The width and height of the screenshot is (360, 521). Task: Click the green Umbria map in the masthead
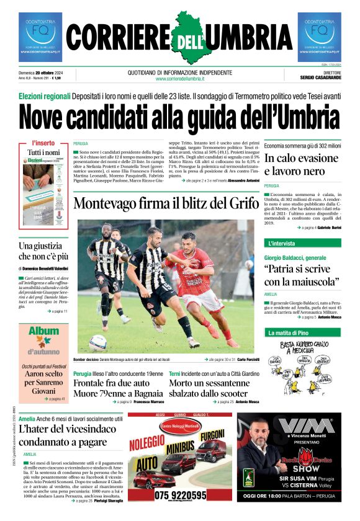tap(180, 38)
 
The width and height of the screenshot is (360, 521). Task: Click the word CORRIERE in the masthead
tap(117, 39)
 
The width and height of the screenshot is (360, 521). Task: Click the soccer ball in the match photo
tap(97, 342)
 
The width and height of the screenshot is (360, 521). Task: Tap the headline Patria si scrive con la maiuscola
tap(302, 275)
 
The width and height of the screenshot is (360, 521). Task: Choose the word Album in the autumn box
tap(43, 332)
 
